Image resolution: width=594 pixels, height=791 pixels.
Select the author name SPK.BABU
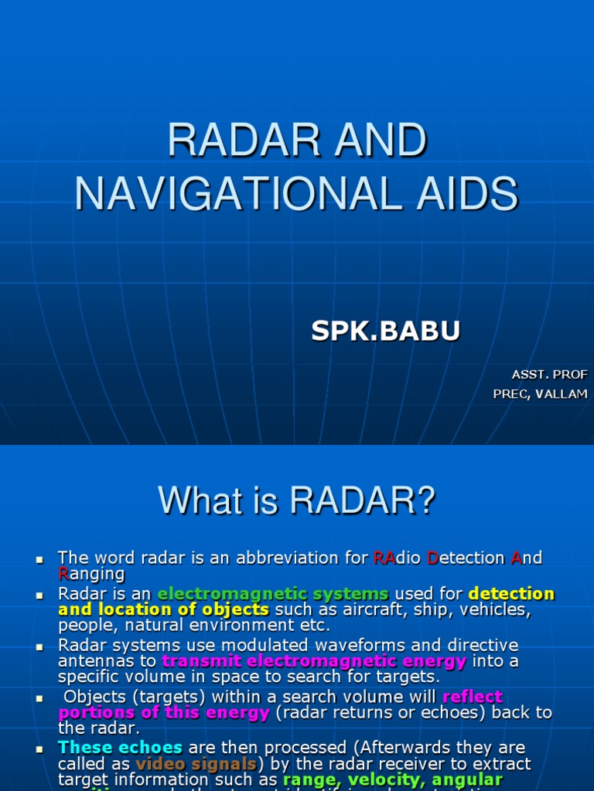pos(385,331)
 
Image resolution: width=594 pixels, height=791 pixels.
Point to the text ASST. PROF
pos(549,375)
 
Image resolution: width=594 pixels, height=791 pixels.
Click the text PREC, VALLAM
pos(540,394)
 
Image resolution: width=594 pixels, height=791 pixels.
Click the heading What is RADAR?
pos(297,501)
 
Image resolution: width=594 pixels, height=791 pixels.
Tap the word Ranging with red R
pos(91,573)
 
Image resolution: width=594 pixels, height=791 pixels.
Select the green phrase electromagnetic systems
pos(273,594)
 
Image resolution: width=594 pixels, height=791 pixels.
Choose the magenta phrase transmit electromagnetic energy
pos(314,661)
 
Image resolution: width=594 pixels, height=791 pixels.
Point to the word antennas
pos(101,661)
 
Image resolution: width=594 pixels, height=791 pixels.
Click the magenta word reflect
pos(473,697)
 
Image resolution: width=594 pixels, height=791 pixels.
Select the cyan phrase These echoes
pos(120,748)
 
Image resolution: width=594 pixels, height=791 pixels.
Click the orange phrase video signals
pos(196,764)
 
